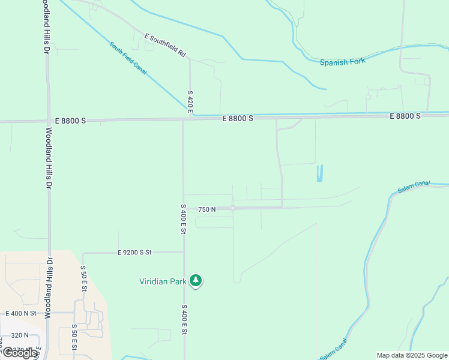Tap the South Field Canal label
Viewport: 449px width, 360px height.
pyautogui.click(x=128, y=58)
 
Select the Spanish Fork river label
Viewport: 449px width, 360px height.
pyautogui.click(x=342, y=62)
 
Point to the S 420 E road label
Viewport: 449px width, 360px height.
pyautogui.click(x=190, y=103)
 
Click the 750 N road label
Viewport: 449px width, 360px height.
pyautogui.click(x=206, y=209)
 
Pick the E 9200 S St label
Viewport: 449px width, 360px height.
pyautogui.click(x=135, y=253)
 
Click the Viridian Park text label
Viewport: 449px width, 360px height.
pyautogui.click(x=163, y=281)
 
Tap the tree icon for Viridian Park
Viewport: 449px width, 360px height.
pyautogui.click(x=195, y=280)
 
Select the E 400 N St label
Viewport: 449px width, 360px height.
pyautogui.click(x=21, y=313)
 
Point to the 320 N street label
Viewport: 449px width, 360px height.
pyautogui.click(x=19, y=336)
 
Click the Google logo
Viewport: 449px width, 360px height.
pyautogui.click(x=20, y=352)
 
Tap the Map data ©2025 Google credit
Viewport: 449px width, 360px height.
pyautogui.click(x=412, y=355)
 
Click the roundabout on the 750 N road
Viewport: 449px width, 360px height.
pyautogui.click(x=233, y=208)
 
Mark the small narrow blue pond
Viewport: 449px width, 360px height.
pyautogui.click(x=319, y=173)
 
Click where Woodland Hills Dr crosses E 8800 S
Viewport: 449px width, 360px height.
pyautogui.click(x=48, y=121)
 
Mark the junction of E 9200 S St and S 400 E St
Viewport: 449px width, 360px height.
pyautogui.click(x=183, y=252)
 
